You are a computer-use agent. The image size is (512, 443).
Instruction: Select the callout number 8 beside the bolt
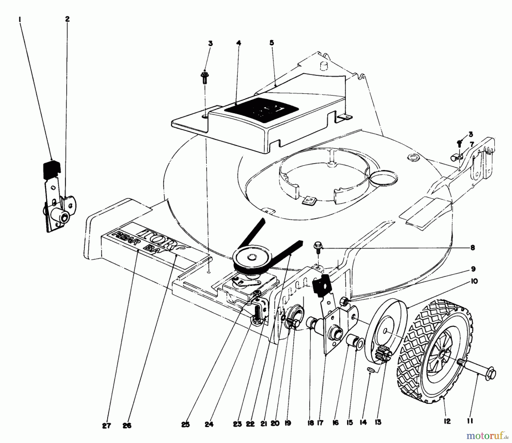point(473,248)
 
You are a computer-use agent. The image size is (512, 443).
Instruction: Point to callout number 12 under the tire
point(447,421)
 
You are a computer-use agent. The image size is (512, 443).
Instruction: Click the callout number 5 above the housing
point(272,43)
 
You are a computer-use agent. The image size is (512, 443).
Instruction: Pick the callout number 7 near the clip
point(472,144)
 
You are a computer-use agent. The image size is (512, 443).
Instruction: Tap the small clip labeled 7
point(457,156)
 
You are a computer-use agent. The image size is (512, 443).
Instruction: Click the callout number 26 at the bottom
point(127,426)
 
